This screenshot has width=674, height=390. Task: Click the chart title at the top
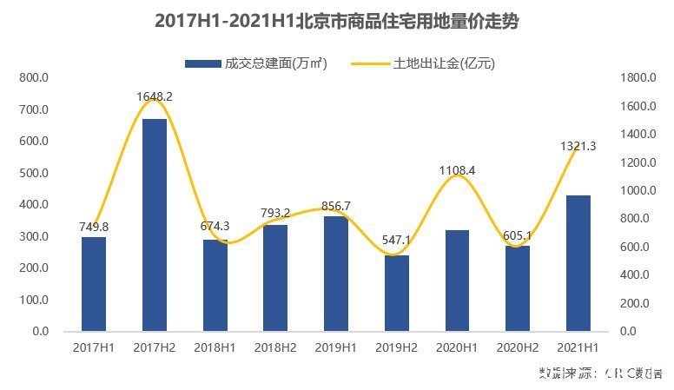(336, 22)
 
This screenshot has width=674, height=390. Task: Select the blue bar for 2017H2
(155, 225)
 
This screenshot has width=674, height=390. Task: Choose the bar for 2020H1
(457, 281)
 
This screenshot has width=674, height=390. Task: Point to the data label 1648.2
(155, 96)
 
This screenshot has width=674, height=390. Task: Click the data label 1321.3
(578, 146)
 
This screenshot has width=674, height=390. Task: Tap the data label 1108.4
(457, 170)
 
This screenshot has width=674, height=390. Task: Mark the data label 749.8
(94, 227)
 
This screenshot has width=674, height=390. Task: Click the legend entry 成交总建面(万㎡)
(255, 63)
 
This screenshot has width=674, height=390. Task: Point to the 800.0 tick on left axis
(36, 78)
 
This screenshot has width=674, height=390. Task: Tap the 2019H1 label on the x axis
(336, 347)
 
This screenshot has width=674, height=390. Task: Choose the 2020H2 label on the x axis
(518, 347)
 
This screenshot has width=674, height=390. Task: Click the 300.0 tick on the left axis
(36, 236)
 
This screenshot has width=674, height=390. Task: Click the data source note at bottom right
(600, 373)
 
